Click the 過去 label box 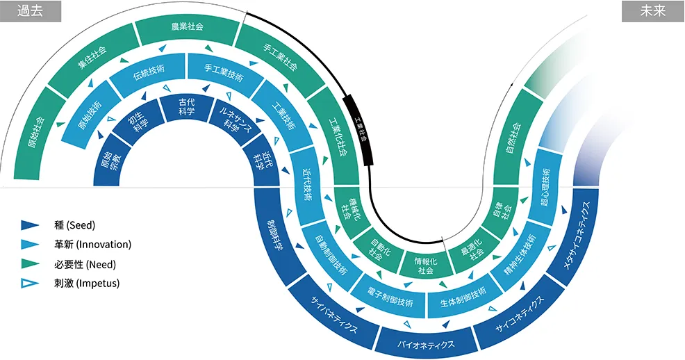31,11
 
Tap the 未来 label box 653,11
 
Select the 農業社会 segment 188,27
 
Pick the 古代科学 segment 187,107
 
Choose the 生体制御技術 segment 463,297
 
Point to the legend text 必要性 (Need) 85,264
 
